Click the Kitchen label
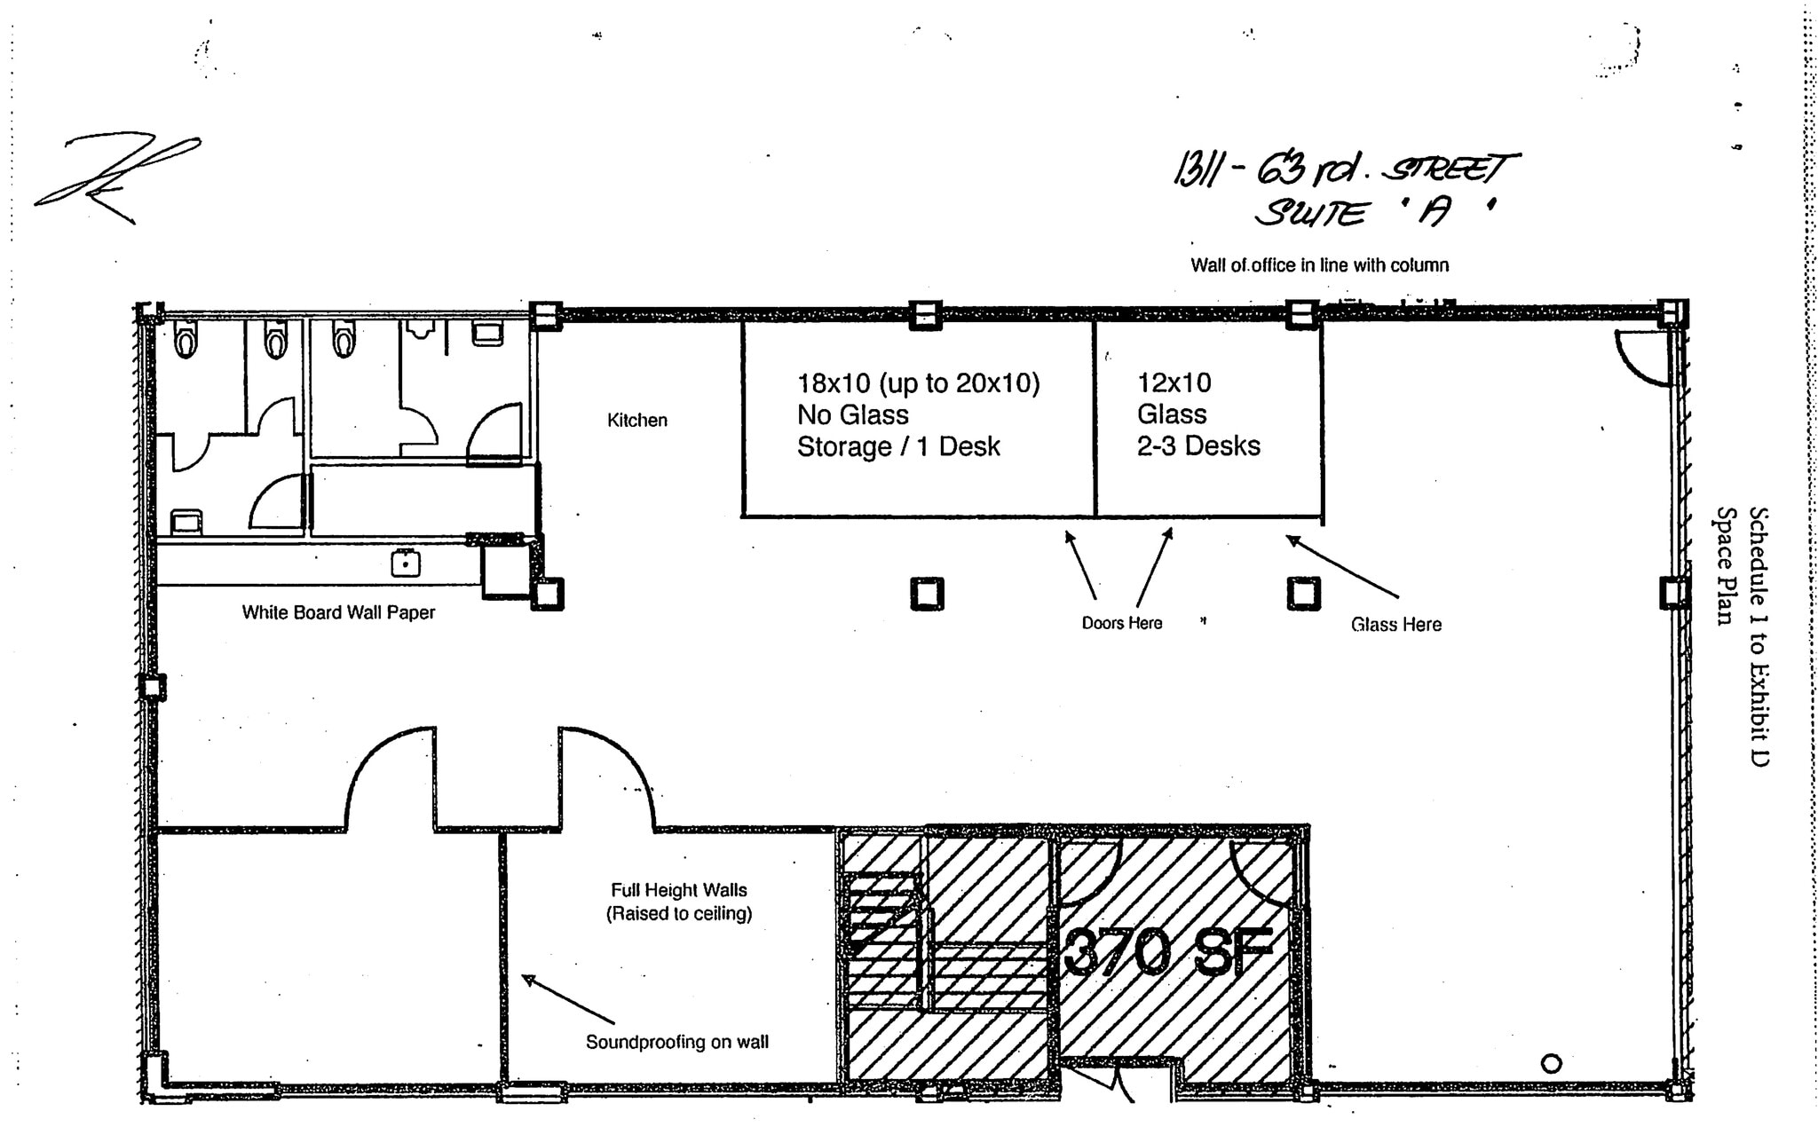click(x=636, y=420)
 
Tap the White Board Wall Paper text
click(x=338, y=612)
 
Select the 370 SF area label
click(x=1167, y=951)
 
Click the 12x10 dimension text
click(x=1174, y=382)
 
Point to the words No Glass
click(x=852, y=414)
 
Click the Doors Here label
click(x=1121, y=623)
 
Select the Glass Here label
click(x=1395, y=625)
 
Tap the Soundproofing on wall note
click(x=676, y=1042)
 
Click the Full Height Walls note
click(x=679, y=890)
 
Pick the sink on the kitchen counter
click(x=406, y=563)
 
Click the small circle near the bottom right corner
click(x=1551, y=1062)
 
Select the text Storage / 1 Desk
click(x=898, y=446)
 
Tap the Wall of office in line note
click(x=1319, y=265)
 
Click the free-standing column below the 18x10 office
click(x=927, y=594)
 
